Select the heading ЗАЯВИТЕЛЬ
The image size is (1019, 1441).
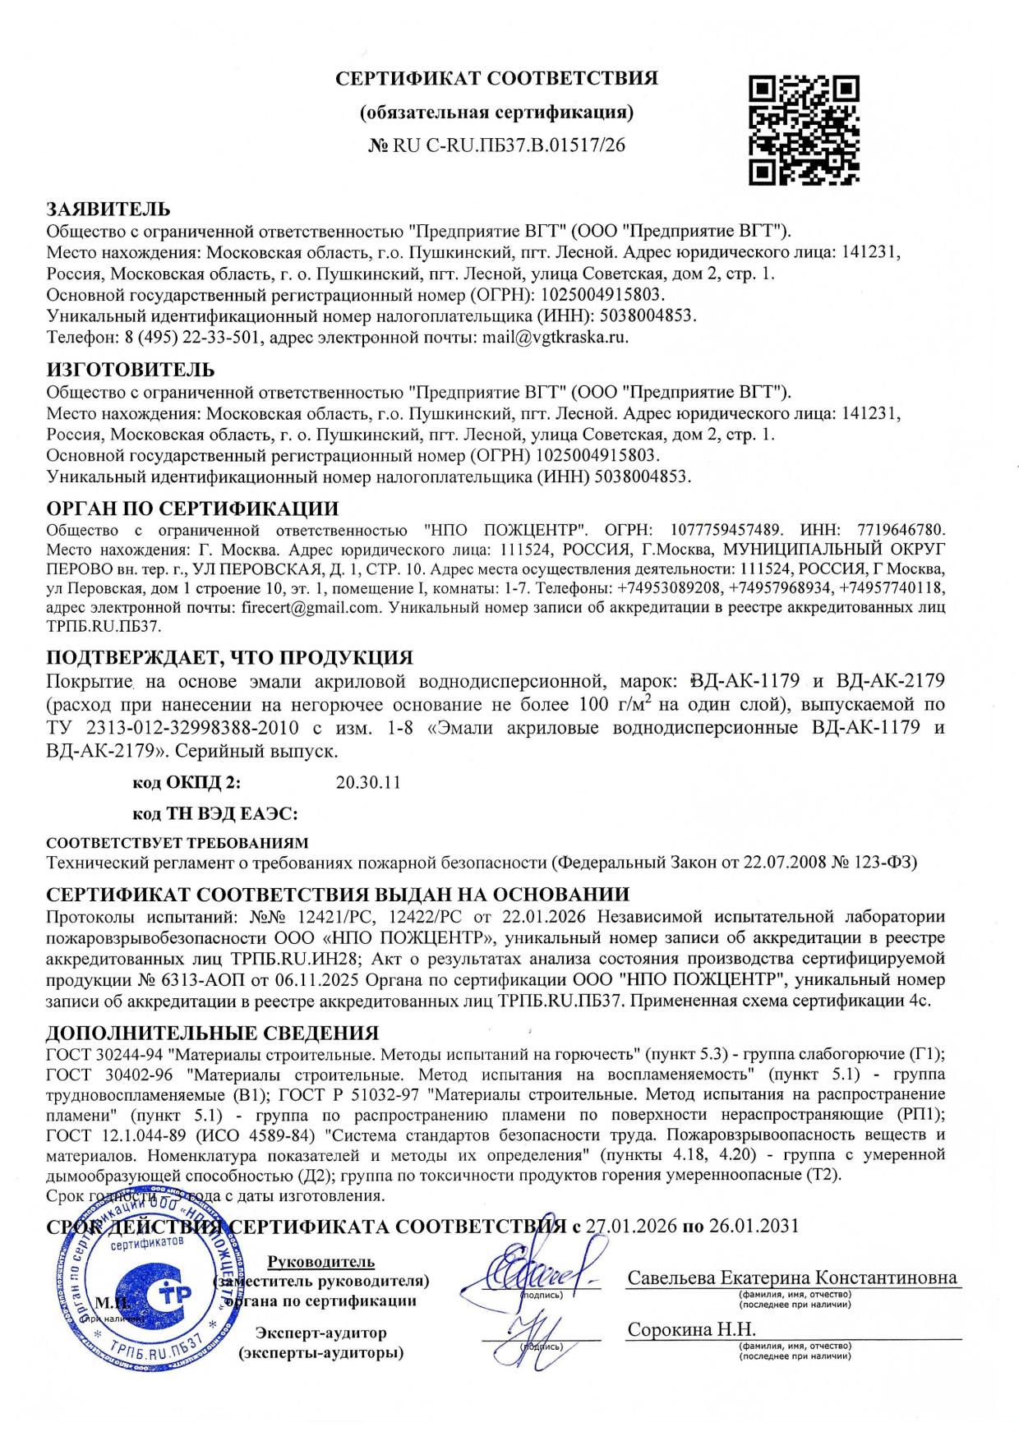tap(108, 209)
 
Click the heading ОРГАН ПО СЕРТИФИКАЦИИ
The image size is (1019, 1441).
tap(192, 509)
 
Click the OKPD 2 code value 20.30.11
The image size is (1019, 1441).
tap(368, 782)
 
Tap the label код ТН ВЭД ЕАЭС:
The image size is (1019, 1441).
tap(214, 814)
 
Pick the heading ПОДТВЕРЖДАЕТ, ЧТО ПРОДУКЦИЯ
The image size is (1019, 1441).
tap(229, 657)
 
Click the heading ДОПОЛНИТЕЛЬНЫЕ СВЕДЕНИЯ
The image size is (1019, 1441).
tap(212, 1033)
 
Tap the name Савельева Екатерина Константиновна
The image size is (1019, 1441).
tap(792, 1278)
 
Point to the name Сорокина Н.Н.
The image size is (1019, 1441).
tap(691, 1329)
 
